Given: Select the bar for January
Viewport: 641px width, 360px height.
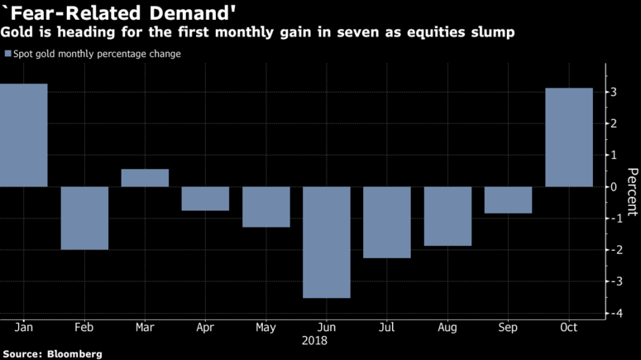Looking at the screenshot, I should tap(23, 135).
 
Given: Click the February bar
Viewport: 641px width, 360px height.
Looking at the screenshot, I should tap(84, 218).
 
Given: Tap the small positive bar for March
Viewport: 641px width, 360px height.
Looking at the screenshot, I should tap(145, 178).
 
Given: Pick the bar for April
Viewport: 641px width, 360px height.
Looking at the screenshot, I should tap(205, 199).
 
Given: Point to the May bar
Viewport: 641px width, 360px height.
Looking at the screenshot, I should tap(266, 207).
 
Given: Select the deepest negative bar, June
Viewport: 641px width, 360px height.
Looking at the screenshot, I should tap(327, 242).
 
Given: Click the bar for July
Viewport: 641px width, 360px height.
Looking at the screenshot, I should tap(387, 222).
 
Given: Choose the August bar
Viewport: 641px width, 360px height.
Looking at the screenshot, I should tap(447, 216).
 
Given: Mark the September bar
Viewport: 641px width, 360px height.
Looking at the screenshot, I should tap(508, 199).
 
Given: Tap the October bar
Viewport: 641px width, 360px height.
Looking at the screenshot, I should tap(569, 137).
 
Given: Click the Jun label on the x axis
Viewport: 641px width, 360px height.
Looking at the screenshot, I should tap(327, 328).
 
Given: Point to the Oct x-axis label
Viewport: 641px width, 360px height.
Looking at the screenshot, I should tap(569, 328).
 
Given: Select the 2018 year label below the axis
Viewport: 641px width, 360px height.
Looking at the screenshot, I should tap(314, 340).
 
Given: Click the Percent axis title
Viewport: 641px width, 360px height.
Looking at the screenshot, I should tap(632, 193).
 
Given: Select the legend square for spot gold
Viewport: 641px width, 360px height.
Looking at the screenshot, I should tap(7, 54).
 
